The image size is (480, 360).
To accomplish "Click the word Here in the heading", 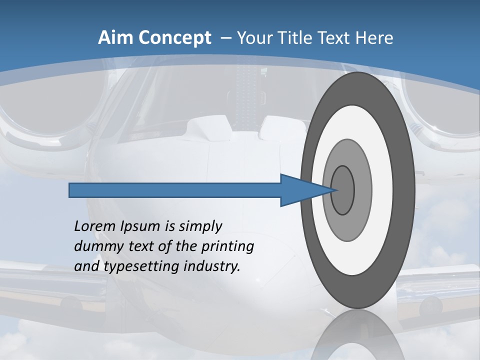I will coord(374,38).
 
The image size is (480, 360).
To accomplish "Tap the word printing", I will coord(227,246).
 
